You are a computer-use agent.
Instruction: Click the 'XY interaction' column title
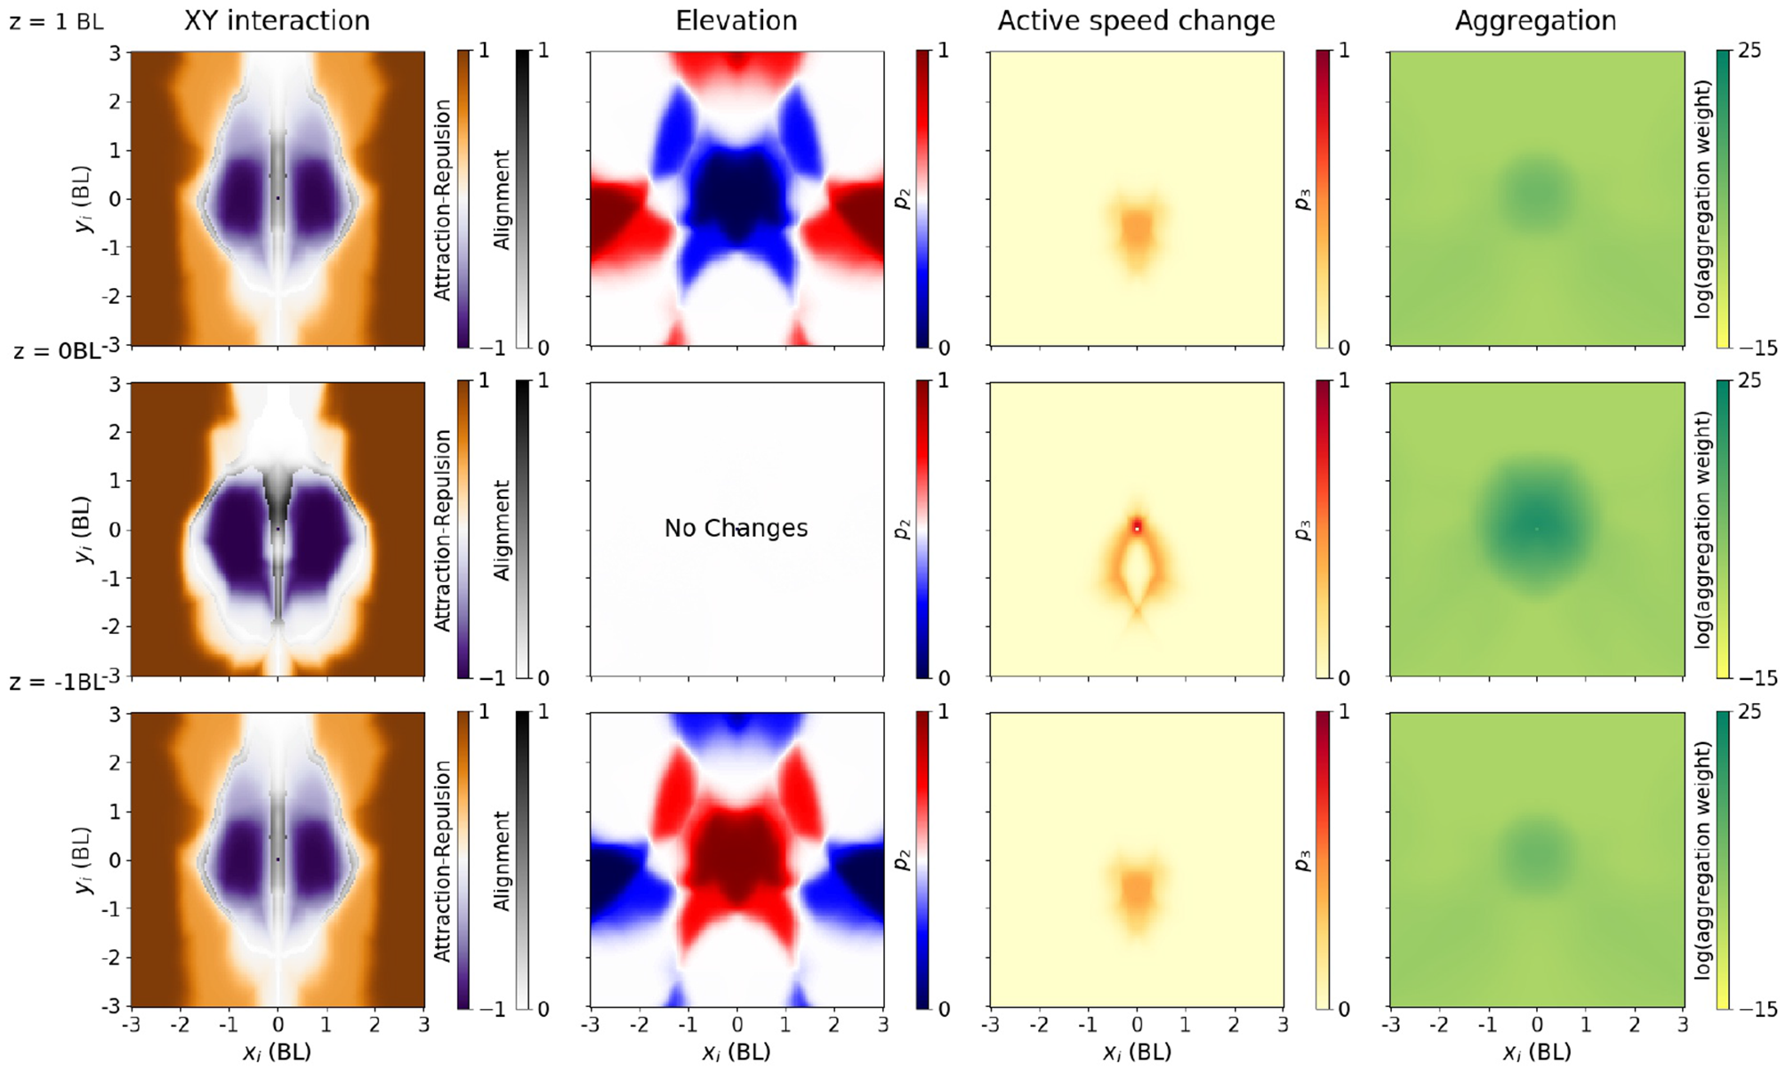coord(277,20)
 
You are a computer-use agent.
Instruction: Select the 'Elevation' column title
coord(736,20)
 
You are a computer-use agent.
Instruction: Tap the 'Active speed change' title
coord(1136,20)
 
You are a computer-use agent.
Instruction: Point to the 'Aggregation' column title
coord(1535,20)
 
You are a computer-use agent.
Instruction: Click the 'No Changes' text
coord(736,528)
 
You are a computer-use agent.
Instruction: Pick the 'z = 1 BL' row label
coord(56,21)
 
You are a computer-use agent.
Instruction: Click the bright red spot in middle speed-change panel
coord(1137,526)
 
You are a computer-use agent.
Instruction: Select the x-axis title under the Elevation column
coord(736,1052)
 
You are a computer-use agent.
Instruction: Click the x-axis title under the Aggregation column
coord(1535,1052)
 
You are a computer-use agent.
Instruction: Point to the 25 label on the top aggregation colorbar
coord(1749,51)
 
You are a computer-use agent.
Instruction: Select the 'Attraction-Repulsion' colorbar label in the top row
coord(443,199)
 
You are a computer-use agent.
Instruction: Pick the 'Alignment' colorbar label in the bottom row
coord(502,860)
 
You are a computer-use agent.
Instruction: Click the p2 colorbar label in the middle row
coord(902,530)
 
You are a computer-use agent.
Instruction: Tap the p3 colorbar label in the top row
coord(1302,199)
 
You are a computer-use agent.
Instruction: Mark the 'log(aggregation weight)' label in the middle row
coord(1702,530)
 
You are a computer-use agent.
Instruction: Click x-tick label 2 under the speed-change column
coord(1234,1025)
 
